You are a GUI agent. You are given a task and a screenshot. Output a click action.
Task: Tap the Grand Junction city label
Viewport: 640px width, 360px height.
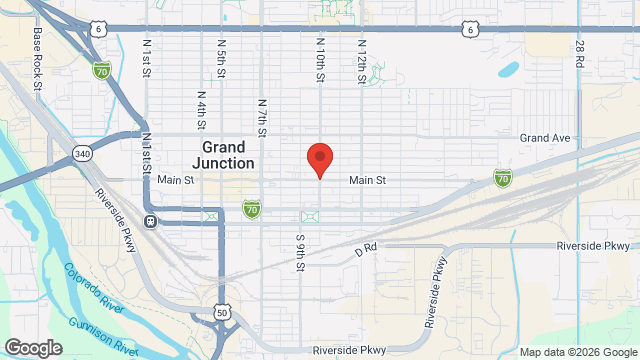click(x=222, y=154)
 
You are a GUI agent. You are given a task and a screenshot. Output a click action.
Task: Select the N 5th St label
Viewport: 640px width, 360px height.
click(x=220, y=59)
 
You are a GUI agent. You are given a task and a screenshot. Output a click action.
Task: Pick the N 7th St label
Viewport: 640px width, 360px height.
click(x=262, y=117)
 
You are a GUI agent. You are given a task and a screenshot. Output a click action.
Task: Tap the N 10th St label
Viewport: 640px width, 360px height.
click(x=321, y=59)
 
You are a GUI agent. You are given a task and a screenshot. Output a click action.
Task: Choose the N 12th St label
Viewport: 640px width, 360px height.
click(x=361, y=59)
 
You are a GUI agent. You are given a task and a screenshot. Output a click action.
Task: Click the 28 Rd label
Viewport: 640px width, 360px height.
click(x=580, y=54)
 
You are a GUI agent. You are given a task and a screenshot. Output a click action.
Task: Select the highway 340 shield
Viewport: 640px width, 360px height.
click(x=81, y=153)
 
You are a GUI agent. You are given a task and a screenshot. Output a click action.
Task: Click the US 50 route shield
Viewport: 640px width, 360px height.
click(x=222, y=314)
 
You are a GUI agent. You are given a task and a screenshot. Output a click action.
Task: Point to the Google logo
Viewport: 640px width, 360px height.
click(x=32, y=347)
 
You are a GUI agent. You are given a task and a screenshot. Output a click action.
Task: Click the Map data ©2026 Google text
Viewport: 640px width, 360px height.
click(x=577, y=351)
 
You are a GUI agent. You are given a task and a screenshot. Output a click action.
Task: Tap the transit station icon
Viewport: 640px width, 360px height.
click(x=151, y=221)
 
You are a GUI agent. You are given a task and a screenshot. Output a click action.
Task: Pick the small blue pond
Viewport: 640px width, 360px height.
click(x=508, y=70)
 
